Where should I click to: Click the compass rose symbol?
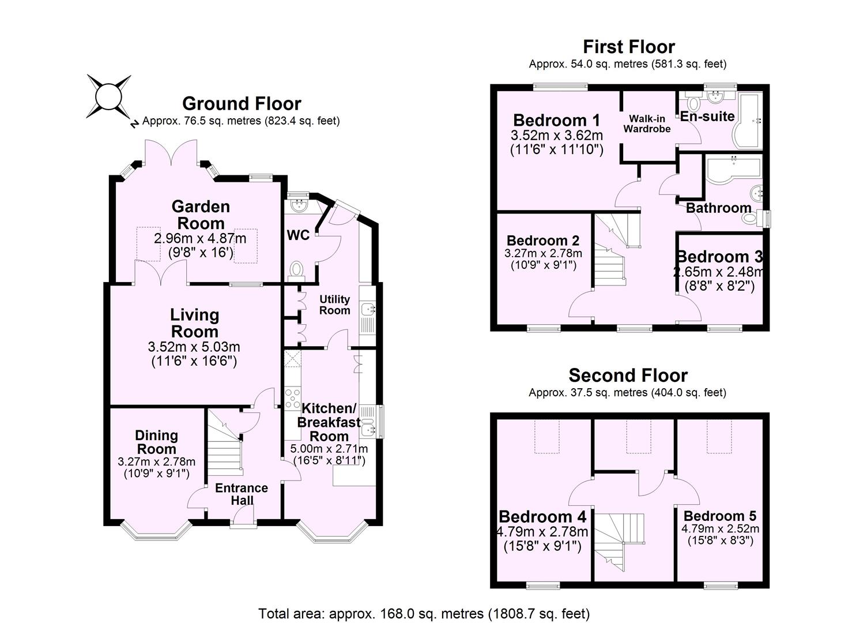(x=109, y=96)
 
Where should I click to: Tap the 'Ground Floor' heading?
(x=242, y=104)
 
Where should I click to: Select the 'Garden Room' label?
(x=201, y=215)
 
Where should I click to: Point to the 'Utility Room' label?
(x=335, y=305)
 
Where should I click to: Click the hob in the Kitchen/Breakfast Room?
(x=292, y=399)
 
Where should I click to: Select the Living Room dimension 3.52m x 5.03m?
(x=194, y=347)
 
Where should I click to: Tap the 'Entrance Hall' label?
(x=242, y=494)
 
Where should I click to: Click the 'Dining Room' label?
(x=156, y=442)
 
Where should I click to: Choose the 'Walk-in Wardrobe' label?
(x=647, y=124)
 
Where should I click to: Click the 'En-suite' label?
(x=707, y=117)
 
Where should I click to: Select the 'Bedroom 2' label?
(x=543, y=241)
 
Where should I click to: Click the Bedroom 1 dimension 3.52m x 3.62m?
(x=557, y=136)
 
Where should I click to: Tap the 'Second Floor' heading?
(x=628, y=376)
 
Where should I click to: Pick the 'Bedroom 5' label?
(x=720, y=516)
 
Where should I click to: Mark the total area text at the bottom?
(x=424, y=613)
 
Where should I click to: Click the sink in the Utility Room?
(x=368, y=310)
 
